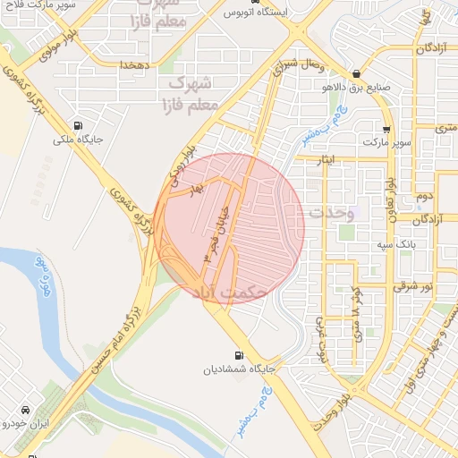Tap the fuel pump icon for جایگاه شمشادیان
238,354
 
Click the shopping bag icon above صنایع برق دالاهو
357,73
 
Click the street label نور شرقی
416,286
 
